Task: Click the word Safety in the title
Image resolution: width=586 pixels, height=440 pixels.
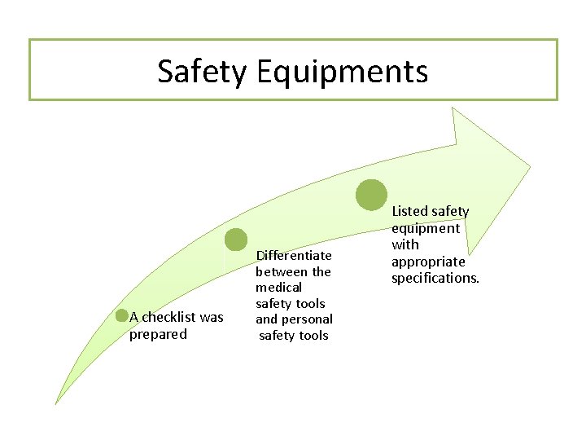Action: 202,72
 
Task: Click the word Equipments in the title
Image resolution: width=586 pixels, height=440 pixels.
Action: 342,72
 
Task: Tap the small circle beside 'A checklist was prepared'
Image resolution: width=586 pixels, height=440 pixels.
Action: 122,317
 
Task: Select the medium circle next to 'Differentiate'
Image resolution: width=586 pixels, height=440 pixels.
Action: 236,240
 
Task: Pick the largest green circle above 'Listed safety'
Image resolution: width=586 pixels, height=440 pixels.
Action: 372,195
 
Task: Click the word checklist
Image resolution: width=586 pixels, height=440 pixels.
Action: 170,317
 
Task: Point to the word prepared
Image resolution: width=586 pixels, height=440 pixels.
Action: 158,334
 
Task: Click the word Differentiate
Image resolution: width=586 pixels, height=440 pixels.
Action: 294,256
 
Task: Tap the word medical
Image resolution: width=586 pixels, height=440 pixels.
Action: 278,288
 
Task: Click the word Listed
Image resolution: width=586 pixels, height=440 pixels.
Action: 409,212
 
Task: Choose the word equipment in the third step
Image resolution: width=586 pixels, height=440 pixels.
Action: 426,228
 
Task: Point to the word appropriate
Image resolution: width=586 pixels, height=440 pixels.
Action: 428,262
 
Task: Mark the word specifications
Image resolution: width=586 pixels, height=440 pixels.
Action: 435,278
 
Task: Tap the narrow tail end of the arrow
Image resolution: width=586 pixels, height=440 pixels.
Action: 57,401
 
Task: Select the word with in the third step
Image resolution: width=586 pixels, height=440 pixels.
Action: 405,244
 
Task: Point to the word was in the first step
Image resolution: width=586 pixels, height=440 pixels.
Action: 212,317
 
